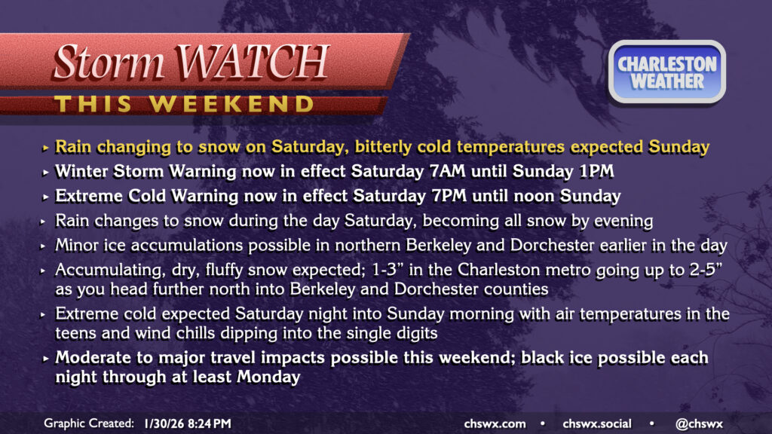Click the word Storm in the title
coord(108,63)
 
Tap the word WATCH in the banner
coord(252,62)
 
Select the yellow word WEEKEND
coord(232,104)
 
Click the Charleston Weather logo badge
coord(667,72)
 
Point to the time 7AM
coord(448,171)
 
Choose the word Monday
coord(268,377)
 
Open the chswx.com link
coord(495,423)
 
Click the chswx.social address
coord(597,423)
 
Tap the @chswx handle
coord(699,423)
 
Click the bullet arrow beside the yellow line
coord(45,148)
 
